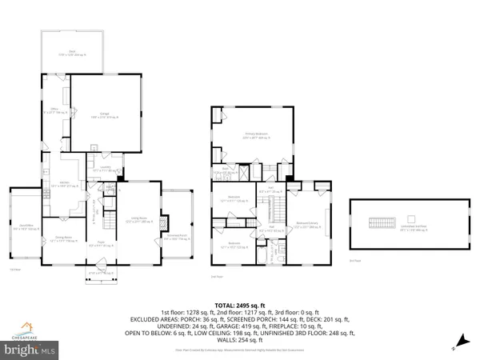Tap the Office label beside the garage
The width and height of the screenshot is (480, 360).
pos(55,110)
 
